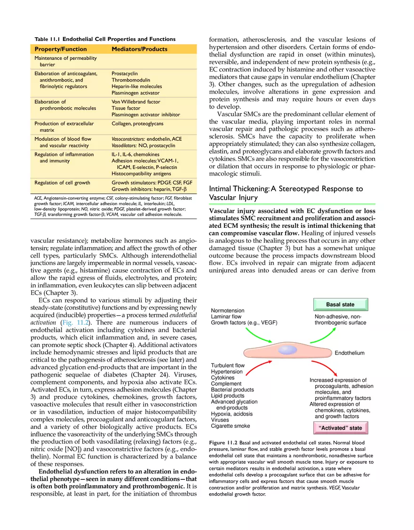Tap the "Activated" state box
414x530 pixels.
[340, 428]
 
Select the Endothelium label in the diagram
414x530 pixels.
[349, 353]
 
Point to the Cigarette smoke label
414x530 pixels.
[231, 426]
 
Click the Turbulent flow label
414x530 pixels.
[228, 365]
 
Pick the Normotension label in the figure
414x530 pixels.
[228, 311]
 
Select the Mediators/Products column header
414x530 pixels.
[139, 49]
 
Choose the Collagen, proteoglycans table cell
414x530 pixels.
[137, 124]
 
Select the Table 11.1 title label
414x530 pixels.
[105, 39]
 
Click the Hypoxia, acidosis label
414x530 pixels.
[231, 414]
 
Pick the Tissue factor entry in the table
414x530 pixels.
[126, 108]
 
